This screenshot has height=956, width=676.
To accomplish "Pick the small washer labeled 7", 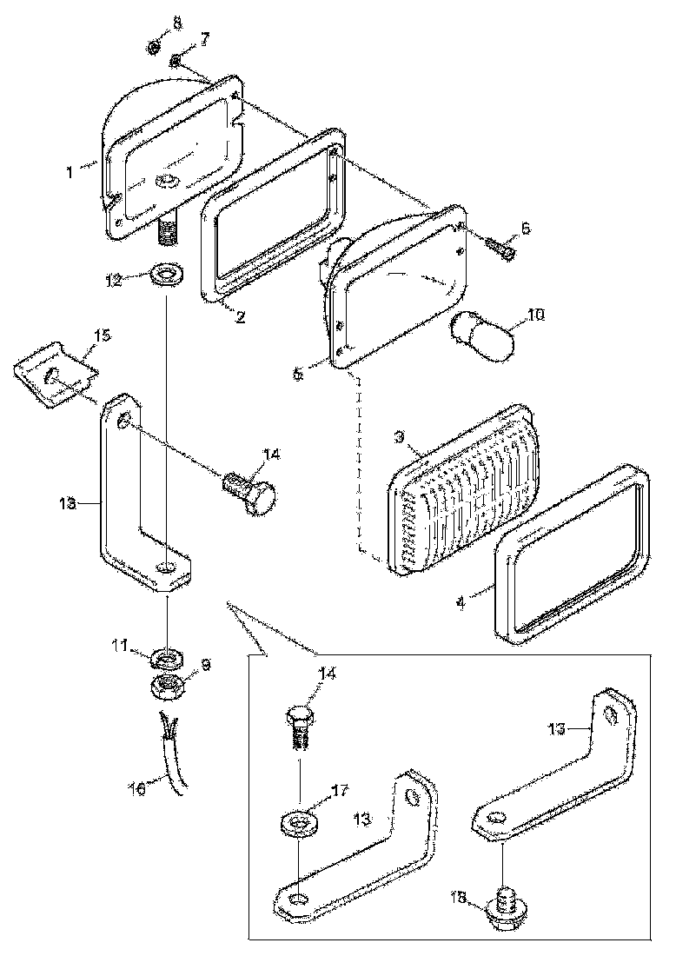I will pyautogui.click(x=176, y=61).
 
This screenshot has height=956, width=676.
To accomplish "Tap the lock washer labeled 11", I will pyautogui.click(x=165, y=656).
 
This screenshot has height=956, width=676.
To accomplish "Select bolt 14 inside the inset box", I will pyautogui.click(x=300, y=731).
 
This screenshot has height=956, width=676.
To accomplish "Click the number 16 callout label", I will pyautogui.click(x=136, y=789).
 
